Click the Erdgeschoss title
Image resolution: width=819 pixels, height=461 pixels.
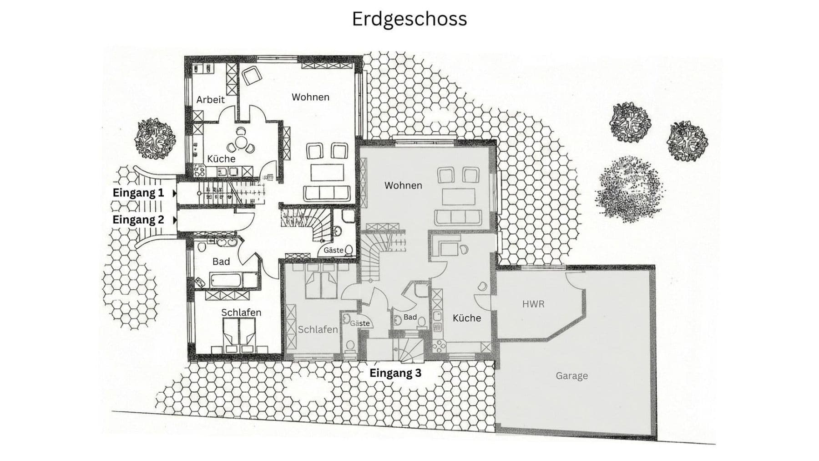409,19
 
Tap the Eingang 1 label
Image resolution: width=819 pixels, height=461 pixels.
138,193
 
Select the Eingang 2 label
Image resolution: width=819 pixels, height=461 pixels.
138,220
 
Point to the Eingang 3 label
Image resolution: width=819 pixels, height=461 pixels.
395,373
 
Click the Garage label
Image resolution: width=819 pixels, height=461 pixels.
571,376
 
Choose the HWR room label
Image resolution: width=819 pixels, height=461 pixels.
533,304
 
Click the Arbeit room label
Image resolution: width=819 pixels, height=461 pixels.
210,99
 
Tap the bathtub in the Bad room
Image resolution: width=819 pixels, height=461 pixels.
227,280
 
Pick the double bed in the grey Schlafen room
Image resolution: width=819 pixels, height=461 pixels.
321,283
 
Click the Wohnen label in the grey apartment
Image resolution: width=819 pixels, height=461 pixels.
403,185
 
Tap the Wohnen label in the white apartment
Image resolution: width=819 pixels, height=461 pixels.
310,97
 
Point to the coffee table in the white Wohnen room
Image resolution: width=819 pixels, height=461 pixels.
327,173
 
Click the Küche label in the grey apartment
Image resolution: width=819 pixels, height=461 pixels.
466,318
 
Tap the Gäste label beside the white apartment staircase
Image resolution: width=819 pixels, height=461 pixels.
333,250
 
